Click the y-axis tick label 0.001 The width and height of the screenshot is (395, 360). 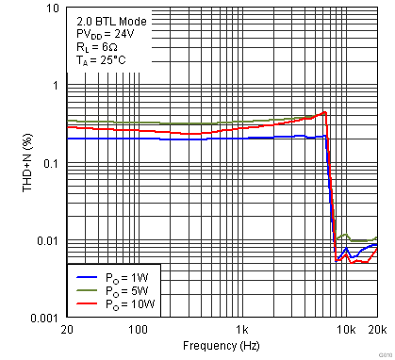click(43, 318)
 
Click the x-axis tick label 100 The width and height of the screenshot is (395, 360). click(138, 330)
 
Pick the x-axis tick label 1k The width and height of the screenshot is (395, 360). click(242, 330)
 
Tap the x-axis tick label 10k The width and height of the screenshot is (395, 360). click(346, 330)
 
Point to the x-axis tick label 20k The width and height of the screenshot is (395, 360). click(377, 330)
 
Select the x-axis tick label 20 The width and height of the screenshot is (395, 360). click(66, 330)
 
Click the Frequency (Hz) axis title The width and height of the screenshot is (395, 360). click(222, 347)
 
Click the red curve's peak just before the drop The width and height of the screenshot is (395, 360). click(325, 112)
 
